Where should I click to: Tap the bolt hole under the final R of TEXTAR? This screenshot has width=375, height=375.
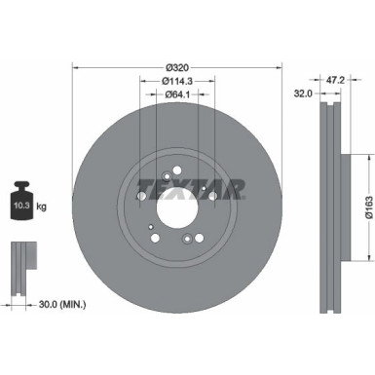(x=211, y=197)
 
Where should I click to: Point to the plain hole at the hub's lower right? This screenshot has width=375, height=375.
(x=199, y=239)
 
